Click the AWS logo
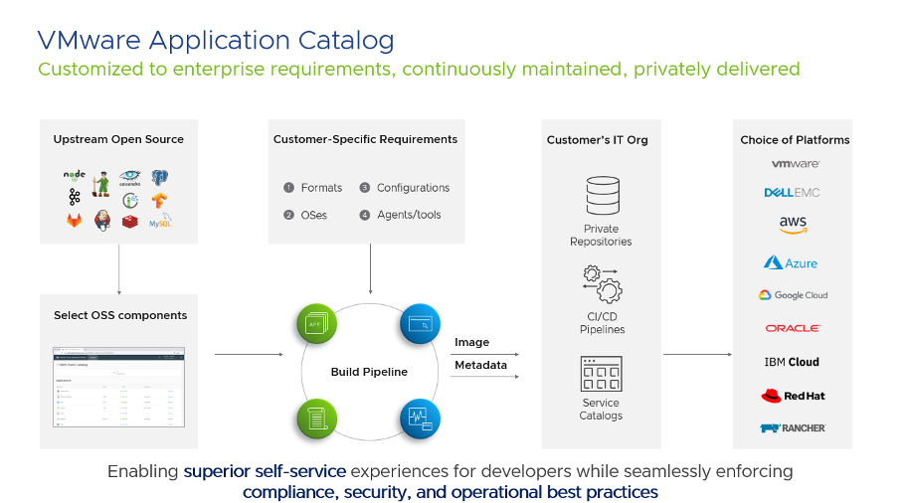[x=793, y=226]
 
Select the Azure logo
[x=791, y=262]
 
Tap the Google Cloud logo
[x=793, y=295]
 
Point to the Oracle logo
[x=793, y=328]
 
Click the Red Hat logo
[x=793, y=396]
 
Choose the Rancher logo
[x=793, y=428]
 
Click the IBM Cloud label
[x=793, y=362]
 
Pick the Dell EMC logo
[x=793, y=192]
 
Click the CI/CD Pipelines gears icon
[x=601, y=284]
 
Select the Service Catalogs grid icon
[x=601, y=374]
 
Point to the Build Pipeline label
[x=369, y=372]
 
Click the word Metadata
[x=480, y=365]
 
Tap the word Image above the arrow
[x=472, y=342]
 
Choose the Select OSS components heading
[x=120, y=315]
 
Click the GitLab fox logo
[x=75, y=220]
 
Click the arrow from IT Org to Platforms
[x=698, y=354]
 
